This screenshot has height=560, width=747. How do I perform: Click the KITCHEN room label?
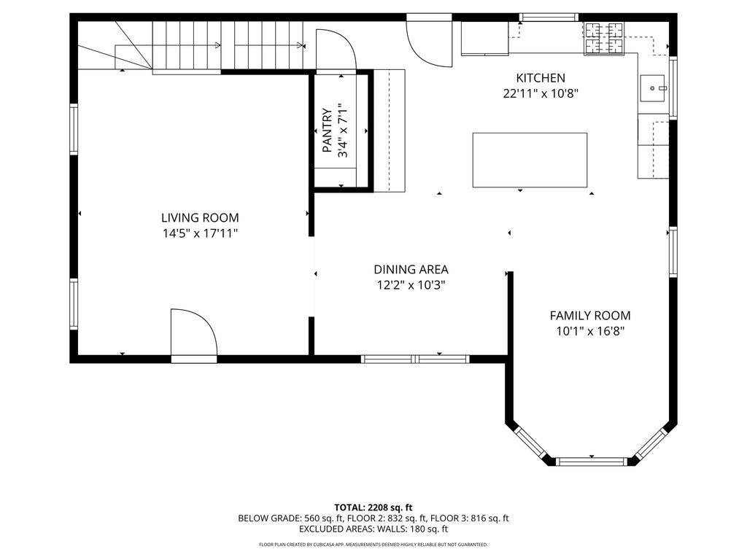tap(540, 78)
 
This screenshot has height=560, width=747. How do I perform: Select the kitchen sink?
tap(653, 88)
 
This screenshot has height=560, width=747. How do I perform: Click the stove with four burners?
tap(604, 39)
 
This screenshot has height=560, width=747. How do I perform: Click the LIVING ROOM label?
tap(199, 217)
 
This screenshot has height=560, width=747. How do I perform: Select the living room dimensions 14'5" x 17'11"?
tap(199, 234)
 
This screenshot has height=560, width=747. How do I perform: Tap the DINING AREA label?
tap(411, 269)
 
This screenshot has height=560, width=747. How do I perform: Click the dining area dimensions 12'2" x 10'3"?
tap(411, 286)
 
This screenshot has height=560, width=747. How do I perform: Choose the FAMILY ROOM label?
tap(589, 316)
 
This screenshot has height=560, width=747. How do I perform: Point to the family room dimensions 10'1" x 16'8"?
tap(589, 332)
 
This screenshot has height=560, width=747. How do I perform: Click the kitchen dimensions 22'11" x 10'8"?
tap(540, 93)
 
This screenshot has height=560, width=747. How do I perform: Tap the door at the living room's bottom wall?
tap(193, 335)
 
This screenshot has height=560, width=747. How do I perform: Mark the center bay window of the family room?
tap(592, 461)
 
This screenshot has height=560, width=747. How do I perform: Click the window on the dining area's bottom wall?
tap(415, 359)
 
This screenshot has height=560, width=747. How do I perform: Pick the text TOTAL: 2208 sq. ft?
tap(373, 507)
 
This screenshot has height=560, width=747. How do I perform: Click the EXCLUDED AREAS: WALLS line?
tap(373, 529)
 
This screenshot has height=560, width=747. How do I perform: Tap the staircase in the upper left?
tap(219, 46)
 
